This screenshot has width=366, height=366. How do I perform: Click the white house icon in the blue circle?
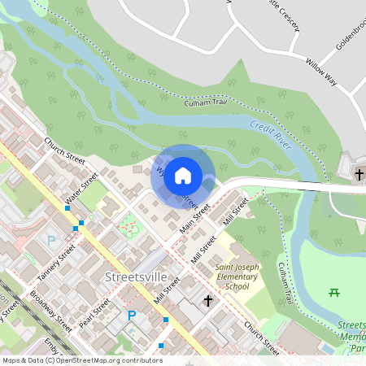[183, 176]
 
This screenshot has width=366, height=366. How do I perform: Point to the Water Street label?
[81, 189]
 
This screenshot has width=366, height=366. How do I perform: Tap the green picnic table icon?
[333, 291]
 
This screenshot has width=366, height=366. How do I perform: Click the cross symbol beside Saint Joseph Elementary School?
[207, 302]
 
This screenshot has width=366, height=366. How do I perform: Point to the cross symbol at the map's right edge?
[359, 174]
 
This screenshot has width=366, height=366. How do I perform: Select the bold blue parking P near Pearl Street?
[130, 315]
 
